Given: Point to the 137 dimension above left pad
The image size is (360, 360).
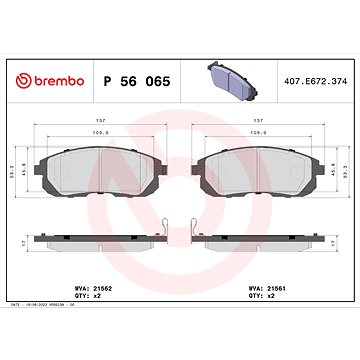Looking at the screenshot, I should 98,116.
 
